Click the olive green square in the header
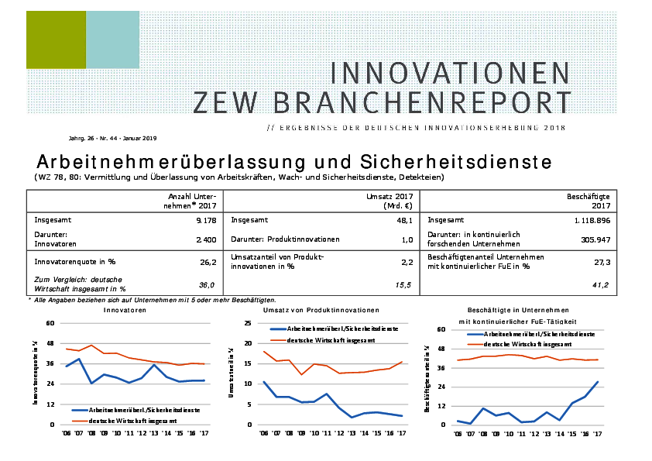coord(56,40)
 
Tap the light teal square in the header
coord(112,40)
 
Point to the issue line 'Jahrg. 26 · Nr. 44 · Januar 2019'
coord(113,138)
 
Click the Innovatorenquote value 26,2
coord(207,263)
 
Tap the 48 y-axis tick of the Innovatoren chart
coord(51,343)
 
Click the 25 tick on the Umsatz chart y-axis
coord(248,323)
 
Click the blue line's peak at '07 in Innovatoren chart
coord(78,360)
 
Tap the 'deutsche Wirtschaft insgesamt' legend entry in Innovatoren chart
coord(133,420)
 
